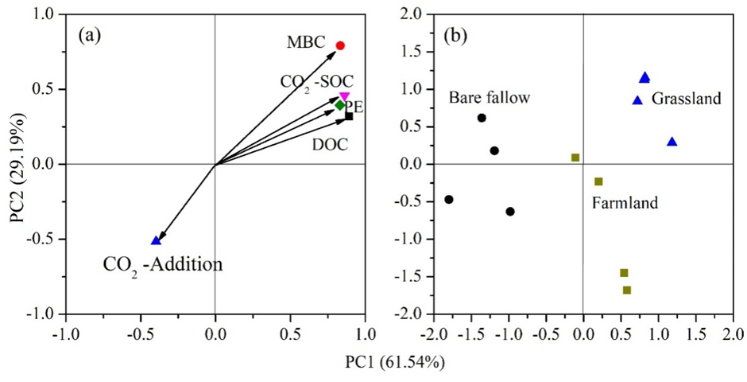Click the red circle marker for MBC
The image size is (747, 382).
click(340, 45)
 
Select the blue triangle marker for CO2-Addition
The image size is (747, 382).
click(156, 240)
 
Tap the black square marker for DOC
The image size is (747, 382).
click(349, 116)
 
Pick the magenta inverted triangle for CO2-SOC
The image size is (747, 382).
click(344, 96)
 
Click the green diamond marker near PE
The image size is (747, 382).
click(339, 105)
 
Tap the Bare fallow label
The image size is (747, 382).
click(489, 99)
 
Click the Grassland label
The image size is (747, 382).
click(687, 99)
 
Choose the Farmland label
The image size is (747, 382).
click(625, 203)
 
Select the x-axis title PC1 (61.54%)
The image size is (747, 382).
click(394, 362)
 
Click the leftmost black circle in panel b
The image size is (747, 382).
click(449, 199)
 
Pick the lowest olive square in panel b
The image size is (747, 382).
click(627, 290)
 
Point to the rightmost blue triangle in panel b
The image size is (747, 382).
click(672, 142)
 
